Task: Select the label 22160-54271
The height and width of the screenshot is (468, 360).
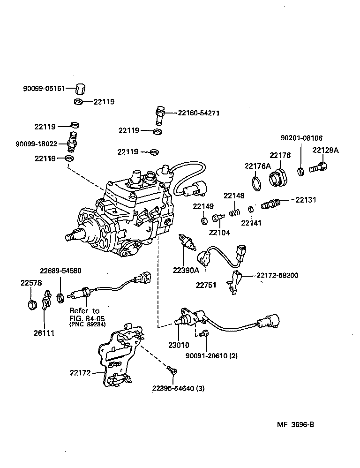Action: pyautogui.click(x=198, y=113)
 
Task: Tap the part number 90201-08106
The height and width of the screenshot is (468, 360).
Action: pyautogui.click(x=301, y=138)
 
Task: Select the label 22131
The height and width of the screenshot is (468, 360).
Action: pyautogui.click(x=306, y=200)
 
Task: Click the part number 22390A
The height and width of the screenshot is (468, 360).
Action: pyautogui.click(x=186, y=270)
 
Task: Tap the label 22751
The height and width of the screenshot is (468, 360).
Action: pyautogui.click(x=206, y=284)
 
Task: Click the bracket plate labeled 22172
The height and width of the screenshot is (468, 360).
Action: pyautogui.click(x=120, y=356)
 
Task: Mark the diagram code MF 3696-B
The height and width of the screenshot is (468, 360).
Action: pyautogui.click(x=294, y=425)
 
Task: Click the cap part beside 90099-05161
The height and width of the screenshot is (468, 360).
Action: pyautogui.click(x=83, y=89)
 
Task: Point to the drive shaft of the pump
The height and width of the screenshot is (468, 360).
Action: pyautogui.click(x=71, y=237)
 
